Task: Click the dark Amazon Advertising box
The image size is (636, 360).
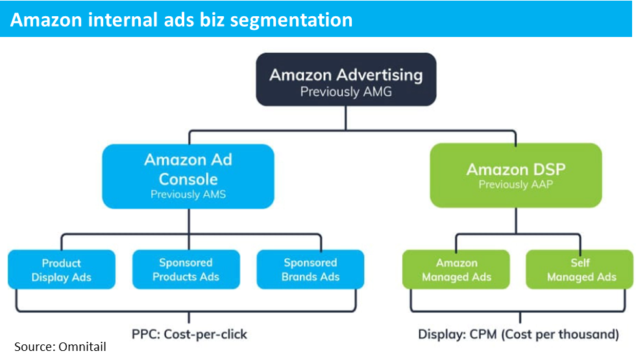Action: click(346, 79)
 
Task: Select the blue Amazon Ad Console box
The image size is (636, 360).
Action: click(188, 176)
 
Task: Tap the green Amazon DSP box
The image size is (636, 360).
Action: click(516, 175)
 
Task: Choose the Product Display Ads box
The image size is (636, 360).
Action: click(62, 270)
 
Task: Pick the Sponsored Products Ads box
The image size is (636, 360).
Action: click(186, 270)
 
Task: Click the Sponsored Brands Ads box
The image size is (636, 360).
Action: click(310, 270)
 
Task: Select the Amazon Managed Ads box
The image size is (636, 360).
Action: click(456, 270)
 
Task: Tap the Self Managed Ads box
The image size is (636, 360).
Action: click(580, 270)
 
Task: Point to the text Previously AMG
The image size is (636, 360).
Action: click(346, 92)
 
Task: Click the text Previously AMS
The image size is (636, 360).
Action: click(188, 195)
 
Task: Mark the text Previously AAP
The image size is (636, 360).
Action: click(516, 185)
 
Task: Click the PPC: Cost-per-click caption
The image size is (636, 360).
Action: click(190, 335)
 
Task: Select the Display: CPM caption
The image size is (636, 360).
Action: click(519, 335)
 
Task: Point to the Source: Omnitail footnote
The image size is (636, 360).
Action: click(60, 347)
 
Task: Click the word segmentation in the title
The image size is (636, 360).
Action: click(291, 20)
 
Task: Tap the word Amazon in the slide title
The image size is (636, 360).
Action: click(46, 19)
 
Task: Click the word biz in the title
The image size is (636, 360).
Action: click(212, 19)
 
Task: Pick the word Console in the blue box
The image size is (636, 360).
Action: click(188, 179)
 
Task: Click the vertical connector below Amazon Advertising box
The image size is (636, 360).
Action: click(345, 118)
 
